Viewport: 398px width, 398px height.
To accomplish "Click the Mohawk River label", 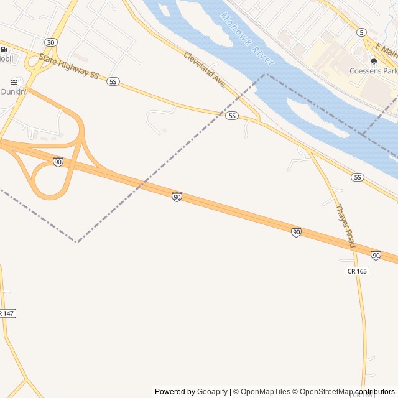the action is tap(247, 39).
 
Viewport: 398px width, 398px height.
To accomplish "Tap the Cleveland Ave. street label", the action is tap(204, 69).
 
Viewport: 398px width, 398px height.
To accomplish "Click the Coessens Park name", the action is tap(373, 71).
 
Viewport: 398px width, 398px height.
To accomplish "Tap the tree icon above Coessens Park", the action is tap(374, 62).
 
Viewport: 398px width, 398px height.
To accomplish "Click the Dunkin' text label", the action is tap(13, 91).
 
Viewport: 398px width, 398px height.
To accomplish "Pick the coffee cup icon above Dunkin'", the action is tap(14, 82).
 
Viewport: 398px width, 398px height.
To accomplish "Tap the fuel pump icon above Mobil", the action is tap(4, 50).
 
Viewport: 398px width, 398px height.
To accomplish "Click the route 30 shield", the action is tap(50, 42).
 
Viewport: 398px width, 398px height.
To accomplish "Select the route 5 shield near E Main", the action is tap(361, 32).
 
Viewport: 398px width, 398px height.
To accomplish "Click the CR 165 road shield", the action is tap(357, 271).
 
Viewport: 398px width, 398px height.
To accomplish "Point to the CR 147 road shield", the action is tap(6, 313).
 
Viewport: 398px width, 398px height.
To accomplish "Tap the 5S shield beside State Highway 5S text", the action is tap(113, 81).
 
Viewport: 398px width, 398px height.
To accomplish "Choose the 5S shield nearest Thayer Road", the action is tap(357, 177).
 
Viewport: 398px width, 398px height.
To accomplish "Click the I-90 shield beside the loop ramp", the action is tap(58, 162).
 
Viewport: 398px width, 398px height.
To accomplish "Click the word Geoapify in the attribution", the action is tap(213, 392).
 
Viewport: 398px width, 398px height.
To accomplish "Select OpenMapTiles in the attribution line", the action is tap(266, 392).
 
